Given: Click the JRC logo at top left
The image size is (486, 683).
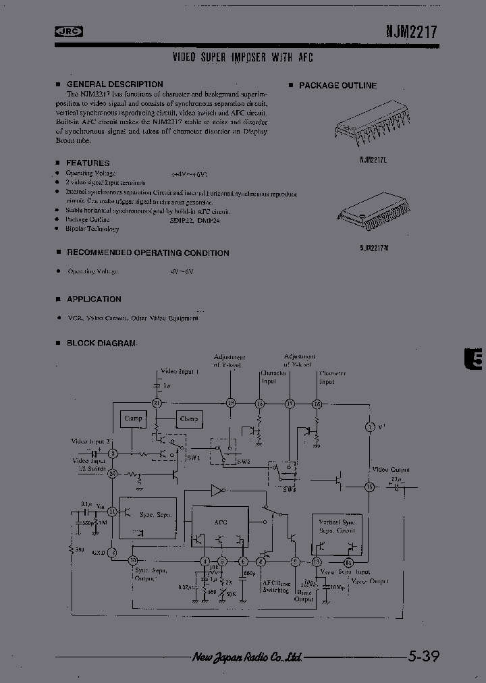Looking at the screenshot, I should point(68,31).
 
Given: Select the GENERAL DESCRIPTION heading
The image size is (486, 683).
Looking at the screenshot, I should point(114,84).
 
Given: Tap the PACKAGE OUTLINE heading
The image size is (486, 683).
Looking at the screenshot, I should point(337,86).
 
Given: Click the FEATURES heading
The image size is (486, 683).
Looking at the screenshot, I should point(87,163).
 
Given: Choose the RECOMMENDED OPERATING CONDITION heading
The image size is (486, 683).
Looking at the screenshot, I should point(147,252).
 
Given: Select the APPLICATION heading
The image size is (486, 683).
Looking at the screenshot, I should point(94,298).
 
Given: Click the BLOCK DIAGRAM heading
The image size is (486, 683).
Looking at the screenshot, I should point(101,343).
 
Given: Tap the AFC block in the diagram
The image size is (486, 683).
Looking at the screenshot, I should point(221,522).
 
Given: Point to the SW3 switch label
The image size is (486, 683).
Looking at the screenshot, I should point(290,489).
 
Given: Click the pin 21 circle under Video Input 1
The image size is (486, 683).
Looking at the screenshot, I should point(156,403).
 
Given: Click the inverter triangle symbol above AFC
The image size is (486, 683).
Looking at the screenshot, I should point(217,490).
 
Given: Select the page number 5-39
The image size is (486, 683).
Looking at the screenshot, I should point(423,655).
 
